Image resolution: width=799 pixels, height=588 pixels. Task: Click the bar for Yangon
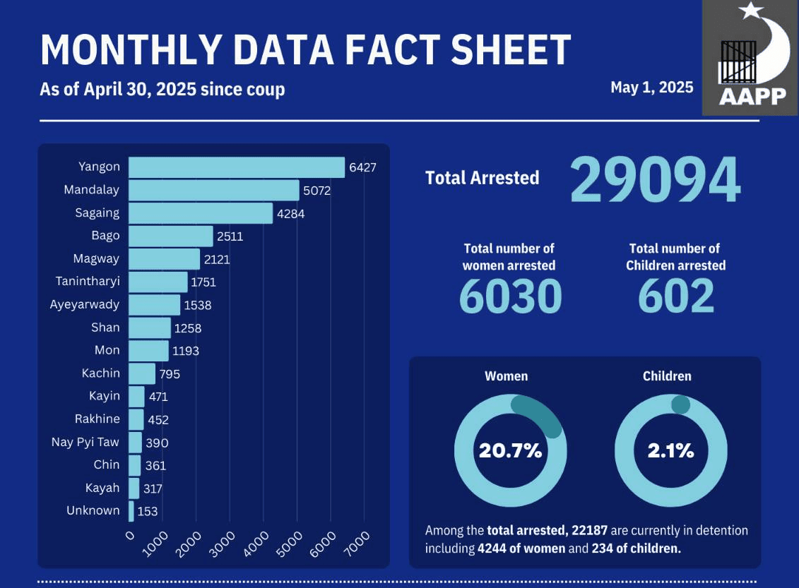pos(237,167)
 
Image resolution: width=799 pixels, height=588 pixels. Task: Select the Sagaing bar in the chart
pos(200,213)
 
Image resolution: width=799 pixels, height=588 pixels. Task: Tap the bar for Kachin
pos(142,373)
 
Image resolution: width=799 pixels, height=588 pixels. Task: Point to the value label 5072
pos(317,191)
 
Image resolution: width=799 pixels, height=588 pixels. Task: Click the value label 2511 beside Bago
pos(230,236)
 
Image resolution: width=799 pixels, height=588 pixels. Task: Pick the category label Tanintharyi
pos(88,282)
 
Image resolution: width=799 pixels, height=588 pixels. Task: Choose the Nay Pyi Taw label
pos(85,442)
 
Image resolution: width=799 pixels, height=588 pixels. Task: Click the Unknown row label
pos(93,510)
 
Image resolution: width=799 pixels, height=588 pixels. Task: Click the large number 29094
pos(655,180)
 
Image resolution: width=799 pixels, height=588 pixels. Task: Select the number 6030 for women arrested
pos(511,296)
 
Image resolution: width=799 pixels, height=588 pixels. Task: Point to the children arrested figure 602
pos(675,296)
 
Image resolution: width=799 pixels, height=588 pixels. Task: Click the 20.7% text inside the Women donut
pos(510,450)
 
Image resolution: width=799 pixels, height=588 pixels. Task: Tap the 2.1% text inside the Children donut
pos(670,450)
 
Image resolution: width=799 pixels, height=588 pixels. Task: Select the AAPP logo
pos(750,58)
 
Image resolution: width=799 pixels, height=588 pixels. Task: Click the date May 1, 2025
pos(652,88)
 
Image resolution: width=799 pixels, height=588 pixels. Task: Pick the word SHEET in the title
pos(511,50)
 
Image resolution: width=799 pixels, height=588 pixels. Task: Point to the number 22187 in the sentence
pos(590,531)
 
